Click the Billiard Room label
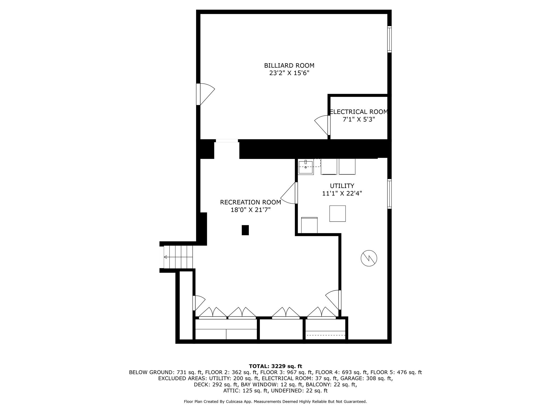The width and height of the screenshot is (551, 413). (x=289, y=66)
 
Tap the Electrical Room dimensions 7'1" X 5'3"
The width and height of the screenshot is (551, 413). (x=359, y=119)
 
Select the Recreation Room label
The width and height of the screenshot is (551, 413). (x=250, y=202)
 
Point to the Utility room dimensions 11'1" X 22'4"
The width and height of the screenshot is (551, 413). (x=342, y=193)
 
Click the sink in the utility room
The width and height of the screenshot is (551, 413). (x=306, y=167)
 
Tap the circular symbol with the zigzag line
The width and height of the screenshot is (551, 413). (x=369, y=258)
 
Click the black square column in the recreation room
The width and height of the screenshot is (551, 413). (x=245, y=230)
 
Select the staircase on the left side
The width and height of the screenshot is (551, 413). (x=178, y=257)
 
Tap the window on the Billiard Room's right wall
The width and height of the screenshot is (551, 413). (x=389, y=39)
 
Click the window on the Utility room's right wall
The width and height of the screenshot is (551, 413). (x=389, y=194)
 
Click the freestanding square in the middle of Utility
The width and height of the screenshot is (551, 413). (x=338, y=213)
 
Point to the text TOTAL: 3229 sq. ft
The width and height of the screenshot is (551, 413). (x=275, y=366)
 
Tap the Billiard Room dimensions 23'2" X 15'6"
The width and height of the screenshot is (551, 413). (x=289, y=73)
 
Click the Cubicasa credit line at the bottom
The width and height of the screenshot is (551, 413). (x=275, y=402)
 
